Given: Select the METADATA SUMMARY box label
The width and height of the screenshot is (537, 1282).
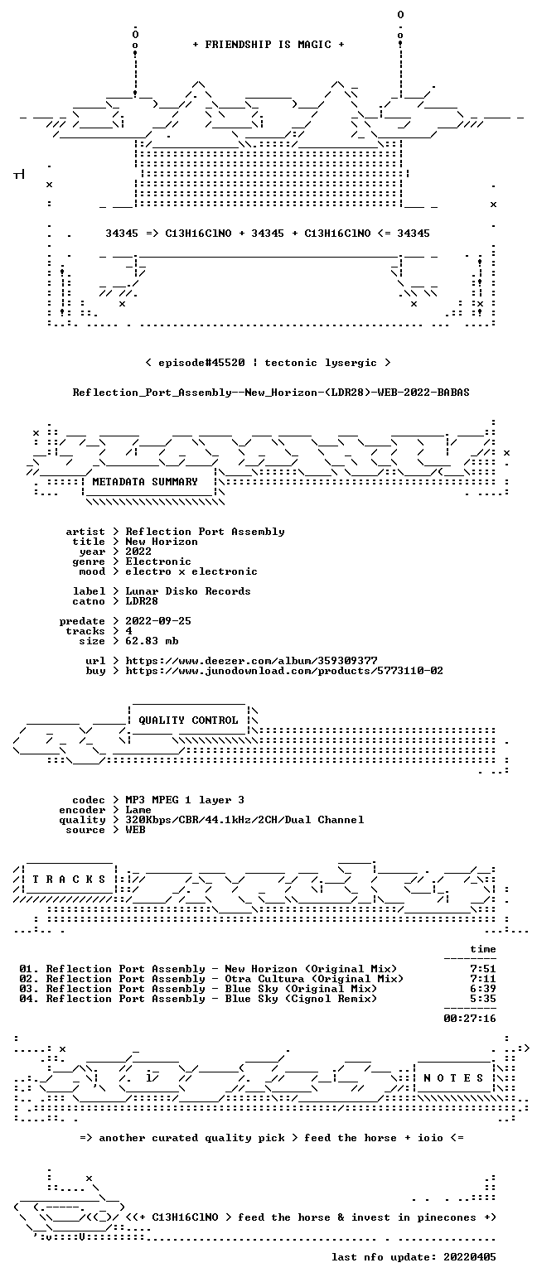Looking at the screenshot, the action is coord(145,482).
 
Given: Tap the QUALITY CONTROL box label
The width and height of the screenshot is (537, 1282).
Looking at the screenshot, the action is coord(188,721).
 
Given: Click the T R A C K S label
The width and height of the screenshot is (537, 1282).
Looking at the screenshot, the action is coord(70,879).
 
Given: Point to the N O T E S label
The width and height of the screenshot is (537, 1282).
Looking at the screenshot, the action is coord(453,1078).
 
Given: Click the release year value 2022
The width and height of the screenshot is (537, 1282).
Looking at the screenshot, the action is coord(138,552).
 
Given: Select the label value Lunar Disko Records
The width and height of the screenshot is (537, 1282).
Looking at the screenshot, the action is coord(188,591).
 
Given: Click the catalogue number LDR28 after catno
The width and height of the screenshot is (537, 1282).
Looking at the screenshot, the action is coord(142,601).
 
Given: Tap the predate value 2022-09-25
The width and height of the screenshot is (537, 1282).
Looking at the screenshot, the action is coord(158,621).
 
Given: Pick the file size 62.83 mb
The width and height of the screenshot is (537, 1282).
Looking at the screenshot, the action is coord(152,641).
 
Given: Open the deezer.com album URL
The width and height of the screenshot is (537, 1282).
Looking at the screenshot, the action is coord(251,661).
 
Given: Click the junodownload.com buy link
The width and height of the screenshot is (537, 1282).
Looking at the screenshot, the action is coord(284,671).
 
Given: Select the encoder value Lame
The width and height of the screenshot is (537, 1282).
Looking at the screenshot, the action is coord(138,810).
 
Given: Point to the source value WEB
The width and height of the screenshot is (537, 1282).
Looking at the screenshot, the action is coord(135,830).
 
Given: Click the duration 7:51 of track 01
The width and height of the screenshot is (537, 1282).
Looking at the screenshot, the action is coord(482,969).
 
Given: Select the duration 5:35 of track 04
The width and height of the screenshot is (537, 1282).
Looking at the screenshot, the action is coord(482,999).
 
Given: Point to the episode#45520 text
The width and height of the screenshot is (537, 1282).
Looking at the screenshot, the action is coord(201,363).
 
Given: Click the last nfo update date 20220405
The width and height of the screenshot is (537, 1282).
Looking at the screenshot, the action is coord(469,1257).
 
